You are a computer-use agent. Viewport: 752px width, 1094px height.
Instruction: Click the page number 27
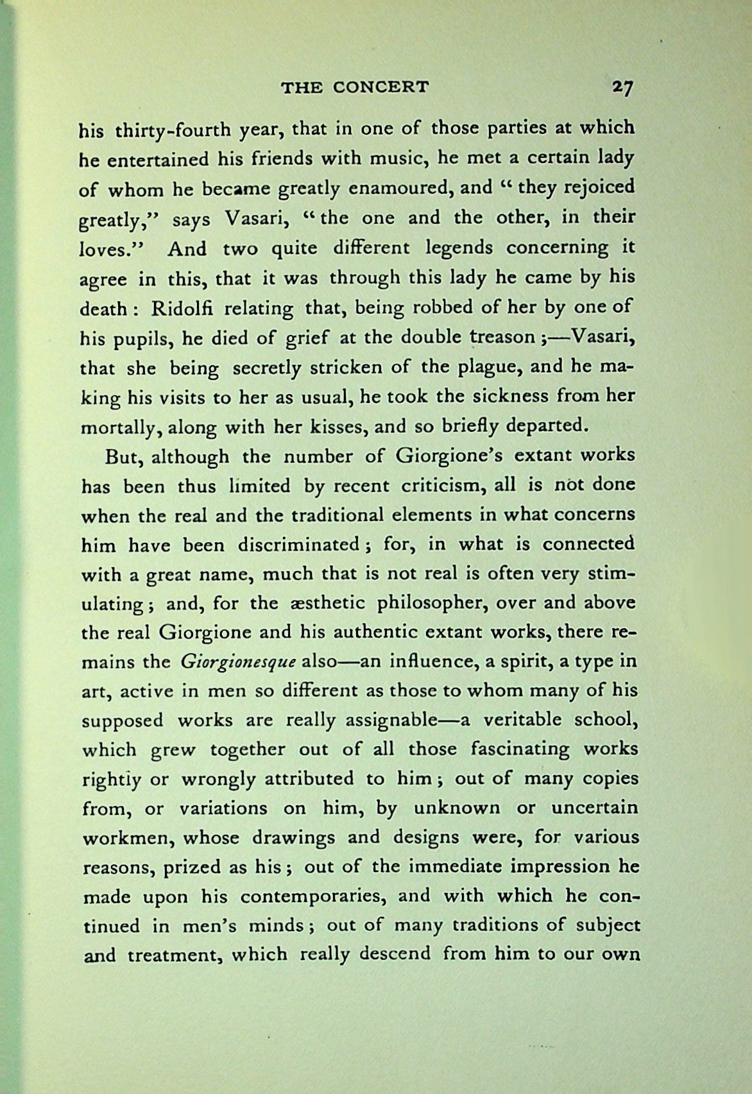point(621,88)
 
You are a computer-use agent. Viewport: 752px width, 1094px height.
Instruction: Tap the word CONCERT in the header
point(381,87)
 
